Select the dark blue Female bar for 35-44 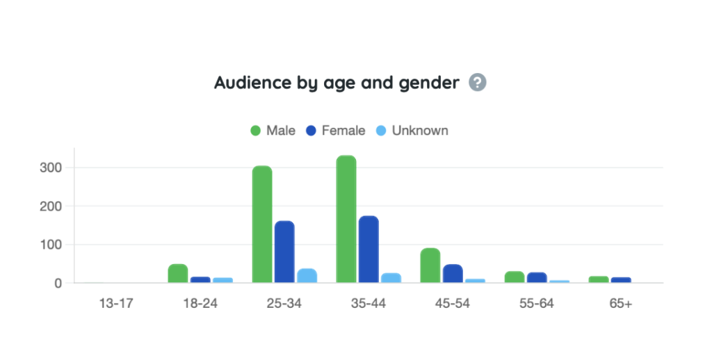click(369, 249)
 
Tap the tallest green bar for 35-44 click(346, 219)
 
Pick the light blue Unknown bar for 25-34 click(307, 275)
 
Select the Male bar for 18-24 click(178, 273)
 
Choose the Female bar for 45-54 click(453, 273)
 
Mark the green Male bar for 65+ click(599, 279)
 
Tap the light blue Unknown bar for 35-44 click(391, 277)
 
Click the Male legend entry click(273, 131)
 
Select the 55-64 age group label click(536, 304)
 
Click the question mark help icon click(477, 83)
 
